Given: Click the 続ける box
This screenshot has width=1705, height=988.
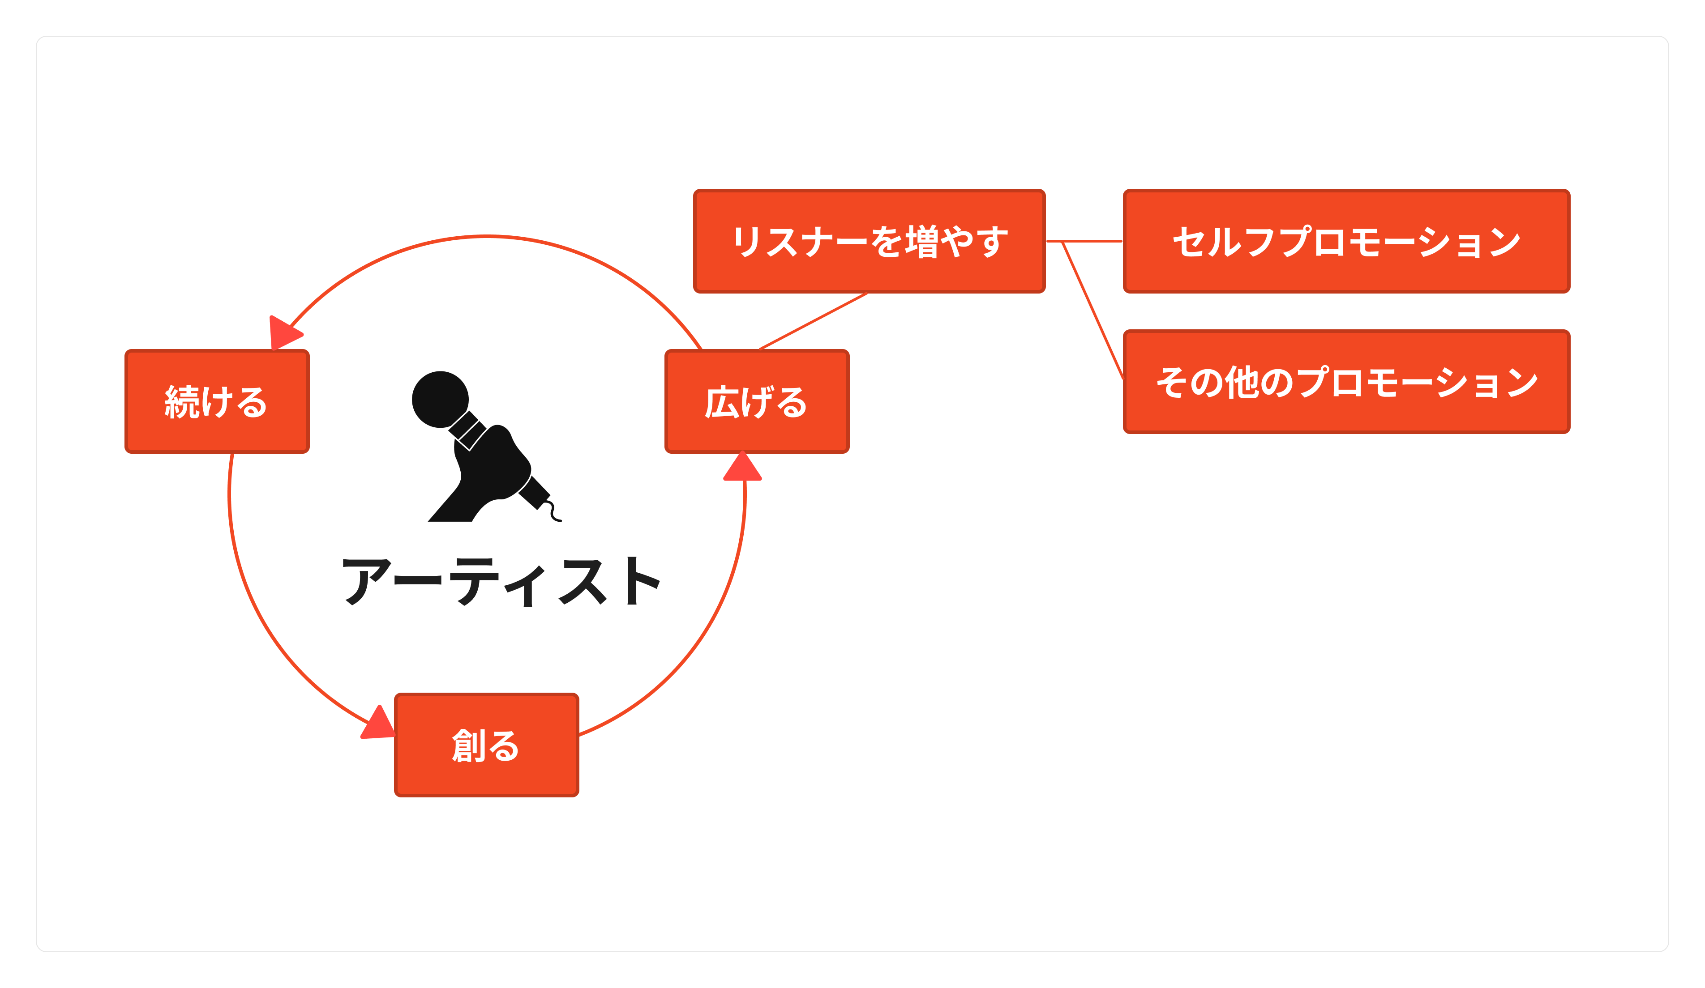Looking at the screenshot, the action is (x=217, y=402).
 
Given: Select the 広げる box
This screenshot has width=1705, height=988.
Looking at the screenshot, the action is (x=757, y=402).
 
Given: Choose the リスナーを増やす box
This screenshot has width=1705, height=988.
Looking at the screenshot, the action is (x=870, y=242).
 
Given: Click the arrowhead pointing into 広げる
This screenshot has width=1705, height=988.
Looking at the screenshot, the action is (x=743, y=467).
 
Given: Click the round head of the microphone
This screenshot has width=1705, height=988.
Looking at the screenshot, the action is (x=441, y=400).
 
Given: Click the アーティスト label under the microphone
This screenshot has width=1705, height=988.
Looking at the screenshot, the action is (x=501, y=582).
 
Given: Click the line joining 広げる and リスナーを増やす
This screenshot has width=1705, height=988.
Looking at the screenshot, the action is (x=813, y=321).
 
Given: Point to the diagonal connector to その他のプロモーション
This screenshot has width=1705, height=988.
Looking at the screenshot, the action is (x=1092, y=311).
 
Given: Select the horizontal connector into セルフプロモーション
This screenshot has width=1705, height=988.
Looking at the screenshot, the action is (x=1084, y=241).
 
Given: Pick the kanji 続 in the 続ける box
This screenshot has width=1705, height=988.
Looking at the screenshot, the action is (x=182, y=402).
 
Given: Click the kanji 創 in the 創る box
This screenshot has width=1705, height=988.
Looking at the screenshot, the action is (x=468, y=746).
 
